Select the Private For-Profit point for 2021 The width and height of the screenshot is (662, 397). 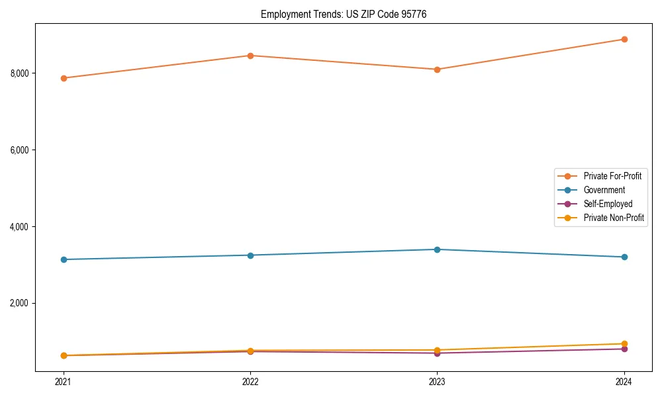[x=64, y=78]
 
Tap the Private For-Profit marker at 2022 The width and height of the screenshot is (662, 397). [x=250, y=56]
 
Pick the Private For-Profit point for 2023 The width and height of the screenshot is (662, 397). [x=437, y=69]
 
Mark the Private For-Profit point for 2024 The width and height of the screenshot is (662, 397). [x=624, y=39]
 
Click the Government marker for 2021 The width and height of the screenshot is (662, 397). [x=64, y=259]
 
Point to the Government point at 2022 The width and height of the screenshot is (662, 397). [x=250, y=255]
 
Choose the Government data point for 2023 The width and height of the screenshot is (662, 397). [x=437, y=249]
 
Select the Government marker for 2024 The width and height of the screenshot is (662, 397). [x=624, y=257]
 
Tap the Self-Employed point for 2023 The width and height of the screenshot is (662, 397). [x=437, y=353]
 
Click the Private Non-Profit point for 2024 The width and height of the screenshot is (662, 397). [x=624, y=344]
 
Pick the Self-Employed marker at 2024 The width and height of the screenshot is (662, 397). [x=624, y=349]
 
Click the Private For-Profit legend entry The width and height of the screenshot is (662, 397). [x=612, y=176]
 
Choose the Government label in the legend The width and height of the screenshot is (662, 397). [x=604, y=190]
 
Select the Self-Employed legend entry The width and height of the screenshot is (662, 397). [x=608, y=204]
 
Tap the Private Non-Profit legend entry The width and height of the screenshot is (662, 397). [x=614, y=218]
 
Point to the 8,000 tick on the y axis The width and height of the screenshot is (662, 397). [x=20, y=73]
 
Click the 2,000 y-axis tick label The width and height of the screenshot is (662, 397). [x=20, y=303]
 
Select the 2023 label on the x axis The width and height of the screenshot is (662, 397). [x=437, y=381]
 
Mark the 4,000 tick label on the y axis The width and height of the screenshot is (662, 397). [x=20, y=226]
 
